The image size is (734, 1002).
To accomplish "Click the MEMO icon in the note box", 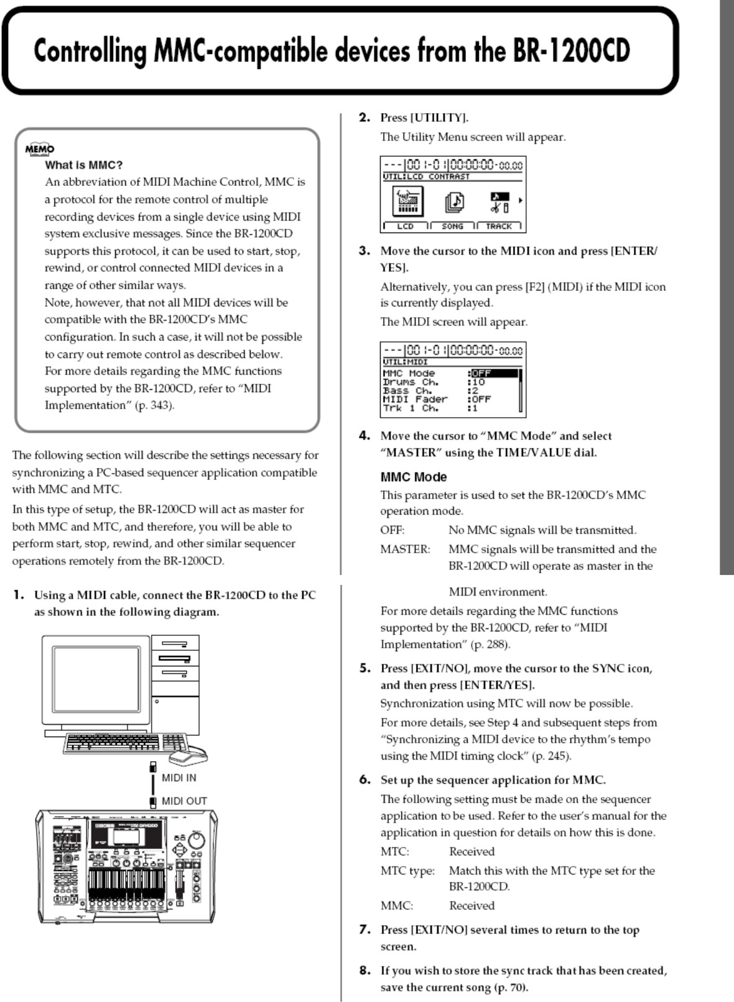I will tap(40, 149).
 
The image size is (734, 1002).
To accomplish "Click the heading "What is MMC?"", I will tap(83, 165).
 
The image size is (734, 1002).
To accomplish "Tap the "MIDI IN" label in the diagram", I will tap(179, 778).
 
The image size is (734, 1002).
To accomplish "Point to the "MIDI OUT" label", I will tap(184, 801).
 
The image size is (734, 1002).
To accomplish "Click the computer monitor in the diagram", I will tap(96, 681).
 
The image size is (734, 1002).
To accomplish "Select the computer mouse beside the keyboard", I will tap(188, 755).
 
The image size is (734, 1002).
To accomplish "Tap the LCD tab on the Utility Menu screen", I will tap(405, 226).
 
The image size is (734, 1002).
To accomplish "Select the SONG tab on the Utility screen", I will tap(452, 226).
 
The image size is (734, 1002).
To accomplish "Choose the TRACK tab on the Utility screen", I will tap(499, 226).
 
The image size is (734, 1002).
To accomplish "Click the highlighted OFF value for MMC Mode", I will tap(493, 374).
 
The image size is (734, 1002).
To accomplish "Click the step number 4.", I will tap(365, 436).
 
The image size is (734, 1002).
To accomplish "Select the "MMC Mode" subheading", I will tap(414, 477).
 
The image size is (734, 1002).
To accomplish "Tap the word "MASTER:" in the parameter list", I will tap(405, 549).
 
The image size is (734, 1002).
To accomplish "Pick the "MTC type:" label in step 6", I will tap(407, 871).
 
